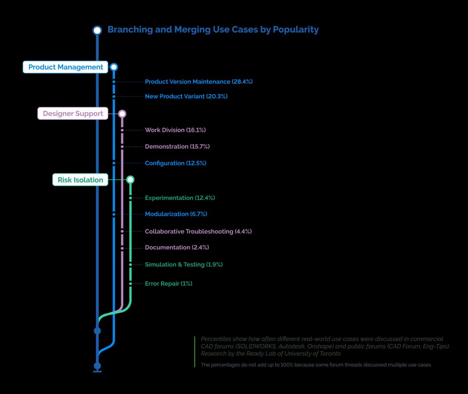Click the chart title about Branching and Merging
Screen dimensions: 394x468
tap(213, 30)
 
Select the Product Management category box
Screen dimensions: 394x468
tap(66, 67)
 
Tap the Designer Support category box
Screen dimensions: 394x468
tap(73, 114)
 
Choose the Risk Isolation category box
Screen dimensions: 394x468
tap(80, 180)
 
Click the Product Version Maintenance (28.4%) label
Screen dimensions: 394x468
tap(199, 82)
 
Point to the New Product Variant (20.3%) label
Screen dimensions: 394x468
tap(186, 96)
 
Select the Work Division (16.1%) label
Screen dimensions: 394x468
tap(175, 130)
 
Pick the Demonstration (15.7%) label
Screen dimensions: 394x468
tap(177, 147)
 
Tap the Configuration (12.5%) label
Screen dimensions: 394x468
tap(175, 163)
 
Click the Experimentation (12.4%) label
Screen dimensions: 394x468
tap(180, 198)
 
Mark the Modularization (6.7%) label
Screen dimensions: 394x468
tap(176, 214)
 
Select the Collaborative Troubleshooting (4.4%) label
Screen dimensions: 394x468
tap(198, 231)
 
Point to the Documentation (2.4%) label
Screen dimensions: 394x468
tap(177, 247)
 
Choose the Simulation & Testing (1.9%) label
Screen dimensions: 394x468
tap(184, 264)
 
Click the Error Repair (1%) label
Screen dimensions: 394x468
tap(168, 284)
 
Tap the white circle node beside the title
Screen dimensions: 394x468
tap(97, 30)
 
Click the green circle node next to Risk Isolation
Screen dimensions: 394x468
tap(130, 179)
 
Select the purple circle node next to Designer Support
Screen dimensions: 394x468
tap(122, 114)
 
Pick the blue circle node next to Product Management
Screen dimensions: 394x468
tap(113, 67)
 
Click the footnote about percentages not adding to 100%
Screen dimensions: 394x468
tap(316, 365)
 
